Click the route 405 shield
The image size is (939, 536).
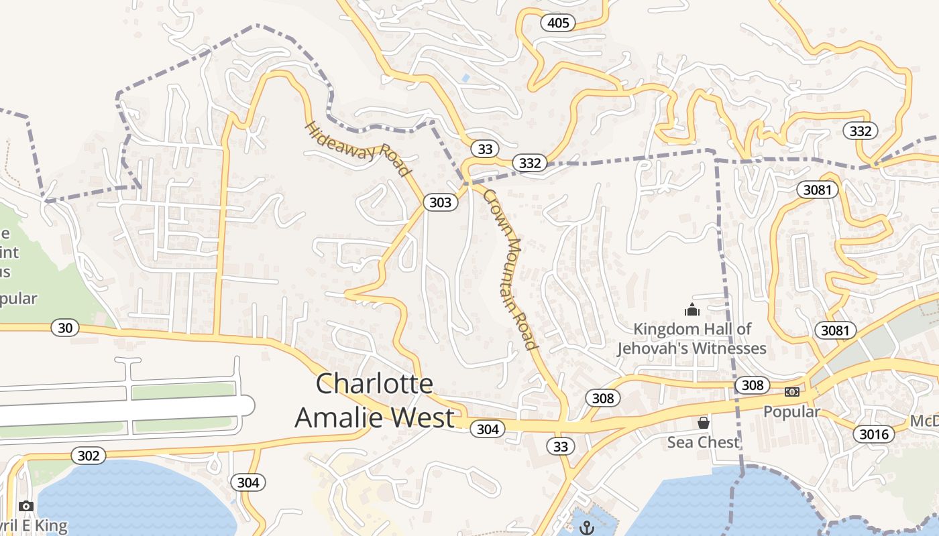click(x=557, y=23)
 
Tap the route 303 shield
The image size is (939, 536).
click(x=440, y=202)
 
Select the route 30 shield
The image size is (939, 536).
click(x=65, y=328)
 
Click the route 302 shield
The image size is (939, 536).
click(x=88, y=456)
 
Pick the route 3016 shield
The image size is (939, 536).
click(x=874, y=434)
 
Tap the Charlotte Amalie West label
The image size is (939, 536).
click(x=374, y=401)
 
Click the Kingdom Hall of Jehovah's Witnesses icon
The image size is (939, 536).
click(x=692, y=310)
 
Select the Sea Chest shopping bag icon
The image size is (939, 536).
click(x=703, y=423)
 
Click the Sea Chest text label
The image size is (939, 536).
click(x=703, y=442)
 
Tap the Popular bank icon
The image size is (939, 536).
click(x=792, y=392)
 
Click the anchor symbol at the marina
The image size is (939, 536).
click(x=587, y=528)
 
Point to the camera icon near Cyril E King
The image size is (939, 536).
click(x=26, y=506)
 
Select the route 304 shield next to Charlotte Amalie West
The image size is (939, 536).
click(x=487, y=429)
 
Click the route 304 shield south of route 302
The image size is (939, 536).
click(x=247, y=482)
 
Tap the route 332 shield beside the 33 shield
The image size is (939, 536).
click(x=529, y=163)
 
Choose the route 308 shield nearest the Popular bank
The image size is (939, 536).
click(x=752, y=385)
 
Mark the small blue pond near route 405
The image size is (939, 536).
click(x=465, y=78)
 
